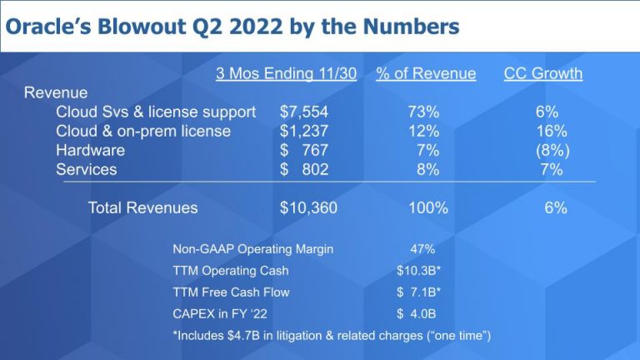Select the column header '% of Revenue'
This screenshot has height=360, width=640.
(426, 73)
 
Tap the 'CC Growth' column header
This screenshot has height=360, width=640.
(542, 73)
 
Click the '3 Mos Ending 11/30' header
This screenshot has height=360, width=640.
(286, 73)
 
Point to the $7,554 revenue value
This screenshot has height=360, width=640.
(304, 112)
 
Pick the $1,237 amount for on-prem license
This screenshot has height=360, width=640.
(304, 131)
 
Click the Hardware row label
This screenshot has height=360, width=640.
(90, 150)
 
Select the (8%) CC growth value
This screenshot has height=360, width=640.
(551, 150)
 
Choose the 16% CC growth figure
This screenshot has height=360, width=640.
(551, 131)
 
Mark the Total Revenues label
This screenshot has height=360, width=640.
(142, 208)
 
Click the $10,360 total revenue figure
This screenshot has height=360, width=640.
(308, 208)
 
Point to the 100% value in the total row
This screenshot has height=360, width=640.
(427, 208)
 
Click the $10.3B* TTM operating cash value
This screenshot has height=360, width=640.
(418, 270)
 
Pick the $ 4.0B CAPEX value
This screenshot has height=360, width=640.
(416, 313)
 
